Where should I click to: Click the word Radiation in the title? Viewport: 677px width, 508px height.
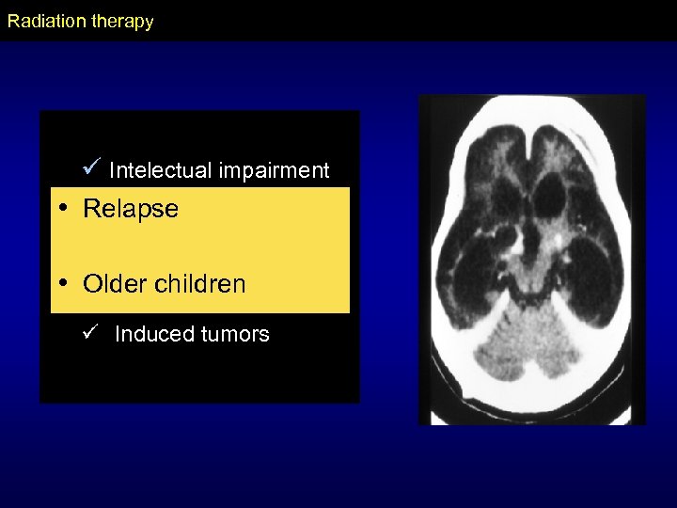[42, 21]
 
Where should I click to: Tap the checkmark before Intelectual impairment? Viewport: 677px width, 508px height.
[91, 167]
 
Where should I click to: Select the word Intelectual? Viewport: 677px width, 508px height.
[161, 170]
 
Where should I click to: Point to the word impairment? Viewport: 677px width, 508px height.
[274, 170]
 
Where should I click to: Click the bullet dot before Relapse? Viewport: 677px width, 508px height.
[62, 209]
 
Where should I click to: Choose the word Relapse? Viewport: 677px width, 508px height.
[131, 209]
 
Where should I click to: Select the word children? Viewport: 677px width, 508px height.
[201, 284]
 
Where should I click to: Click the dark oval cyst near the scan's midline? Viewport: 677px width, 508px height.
[549, 198]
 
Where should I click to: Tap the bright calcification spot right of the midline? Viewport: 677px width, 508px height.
[562, 241]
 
